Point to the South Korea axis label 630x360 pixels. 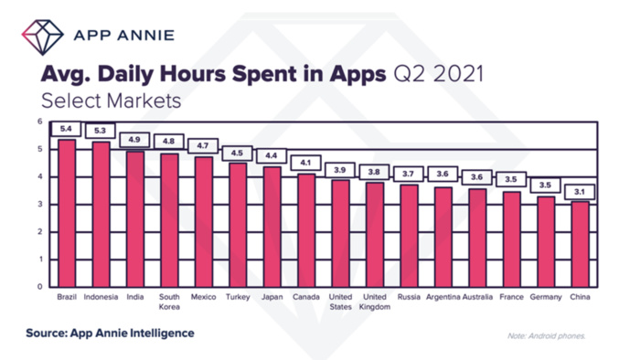[169, 302]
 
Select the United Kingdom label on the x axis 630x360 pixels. [375, 302]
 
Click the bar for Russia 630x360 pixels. [410, 236]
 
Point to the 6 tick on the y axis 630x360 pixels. [39, 122]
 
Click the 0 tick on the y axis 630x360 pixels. [39, 287]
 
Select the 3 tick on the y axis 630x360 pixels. [39, 205]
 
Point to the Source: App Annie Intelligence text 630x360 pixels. [110, 334]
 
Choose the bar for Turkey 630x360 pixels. [237, 224]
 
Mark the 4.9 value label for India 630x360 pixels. [134, 140]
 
